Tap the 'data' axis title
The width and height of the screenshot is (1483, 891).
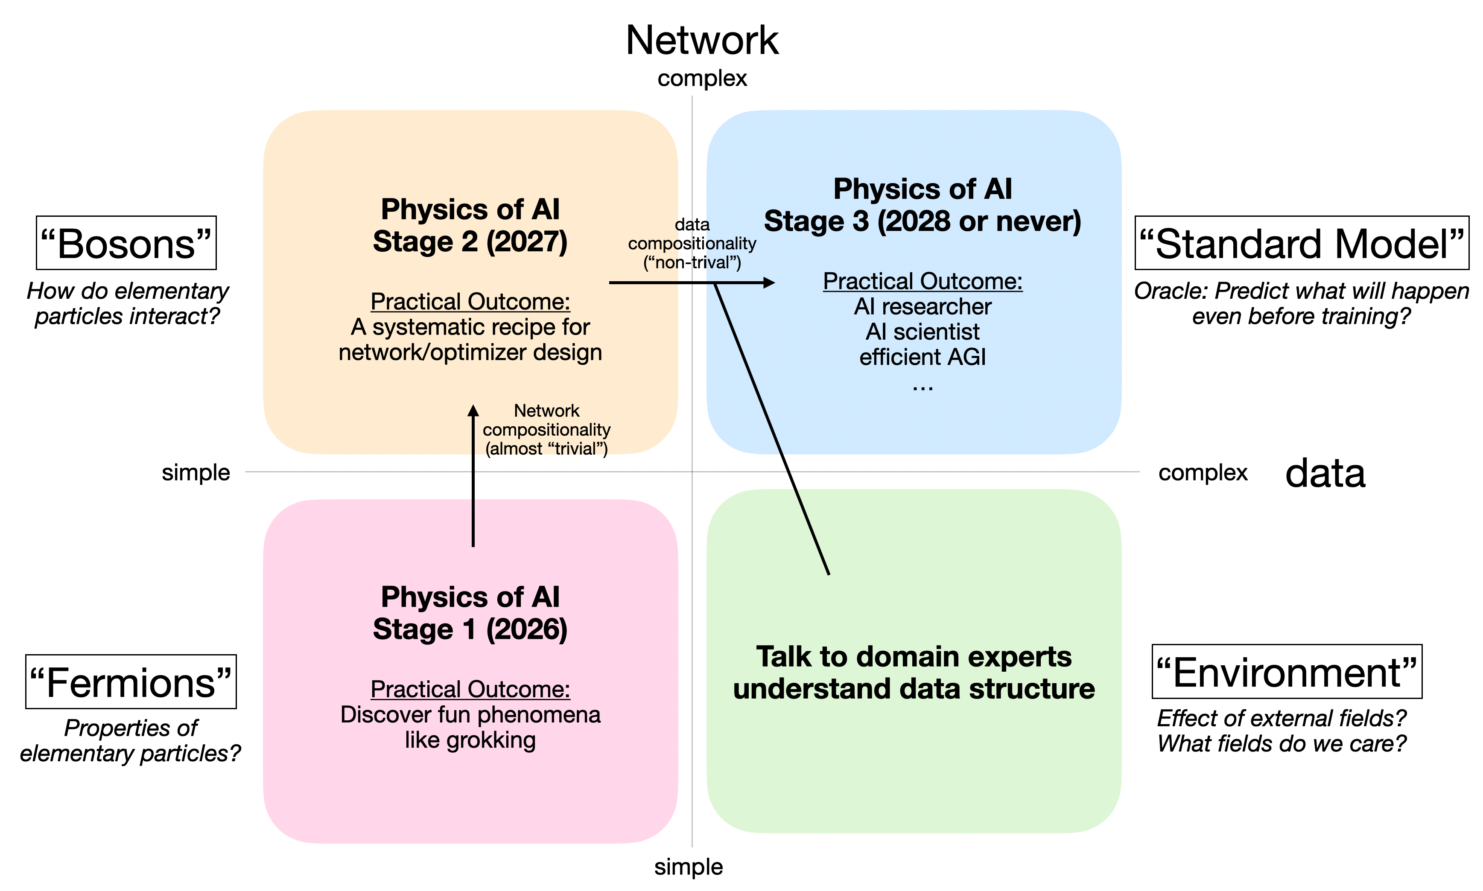(1325, 473)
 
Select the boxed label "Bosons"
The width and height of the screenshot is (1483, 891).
(126, 243)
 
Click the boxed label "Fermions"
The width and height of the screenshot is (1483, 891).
(131, 682)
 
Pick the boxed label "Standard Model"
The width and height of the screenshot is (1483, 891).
(1301, 243)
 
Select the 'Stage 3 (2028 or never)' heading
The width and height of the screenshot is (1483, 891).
(922, 221)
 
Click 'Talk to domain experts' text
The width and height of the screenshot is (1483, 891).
(914, 656)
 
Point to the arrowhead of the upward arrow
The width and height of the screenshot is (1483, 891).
(473, 411)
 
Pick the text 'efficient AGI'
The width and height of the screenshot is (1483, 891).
(922, 357)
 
